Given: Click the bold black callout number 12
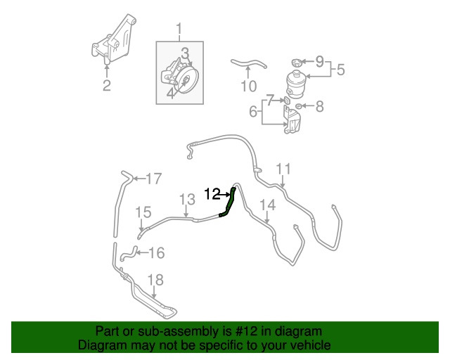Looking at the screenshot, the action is click(x=212, y=194).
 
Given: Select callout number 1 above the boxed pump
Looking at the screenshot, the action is click(x=179, y=30).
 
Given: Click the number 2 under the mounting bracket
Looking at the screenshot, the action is click(x=106, y=85).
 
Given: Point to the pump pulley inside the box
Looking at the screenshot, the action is click(x=185, y=80).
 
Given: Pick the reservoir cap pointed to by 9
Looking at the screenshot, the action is click(x=297, y=63).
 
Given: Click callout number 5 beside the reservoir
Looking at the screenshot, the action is click(x=340, y=70).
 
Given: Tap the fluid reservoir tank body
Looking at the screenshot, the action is click(x=298, y=83).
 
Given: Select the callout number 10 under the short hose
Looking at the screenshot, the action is click(x=248, y=86).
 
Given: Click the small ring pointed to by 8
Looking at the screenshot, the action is click(x=298, y=106).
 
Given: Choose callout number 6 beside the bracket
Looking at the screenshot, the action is click(x=253, y=111).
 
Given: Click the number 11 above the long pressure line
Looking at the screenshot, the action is click(x=283, y=169).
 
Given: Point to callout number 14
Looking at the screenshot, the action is click(x=267, y=205).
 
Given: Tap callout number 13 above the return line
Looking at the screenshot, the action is click(x=187, y=199).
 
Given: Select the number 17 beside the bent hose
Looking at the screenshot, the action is click(x=154, y=179).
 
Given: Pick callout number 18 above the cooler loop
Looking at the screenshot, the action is click(x=155, y=280).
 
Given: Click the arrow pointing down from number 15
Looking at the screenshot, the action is click(x=141, y=224).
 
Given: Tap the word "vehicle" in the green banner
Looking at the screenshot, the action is click(x=311, y=345).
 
